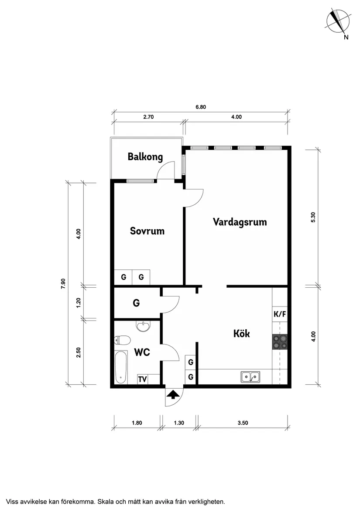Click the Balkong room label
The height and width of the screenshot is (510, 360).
[145, 157]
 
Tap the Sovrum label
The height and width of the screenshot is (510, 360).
[147, 231]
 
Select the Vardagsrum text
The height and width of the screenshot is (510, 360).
[240, 222]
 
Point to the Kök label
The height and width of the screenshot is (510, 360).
[242, 334]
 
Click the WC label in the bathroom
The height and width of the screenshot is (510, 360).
[142, 352]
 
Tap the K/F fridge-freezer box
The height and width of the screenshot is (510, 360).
[280, 314]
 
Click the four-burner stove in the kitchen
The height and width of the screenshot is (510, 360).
[280, 342]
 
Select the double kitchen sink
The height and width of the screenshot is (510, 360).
[250, 377]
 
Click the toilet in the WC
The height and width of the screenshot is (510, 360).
[122, 340]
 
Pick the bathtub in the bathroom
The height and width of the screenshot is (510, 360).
[121, 367]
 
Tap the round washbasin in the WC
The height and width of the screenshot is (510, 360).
[143, 326]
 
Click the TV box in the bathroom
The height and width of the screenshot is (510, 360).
[142, 379]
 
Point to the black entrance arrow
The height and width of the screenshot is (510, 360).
[173, 395]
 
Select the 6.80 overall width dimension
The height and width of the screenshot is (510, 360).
[201, 107]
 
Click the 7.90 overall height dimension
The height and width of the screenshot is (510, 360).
[63, 284]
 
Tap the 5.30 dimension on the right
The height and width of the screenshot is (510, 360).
[313, 217]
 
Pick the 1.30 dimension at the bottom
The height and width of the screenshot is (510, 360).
[179, 423]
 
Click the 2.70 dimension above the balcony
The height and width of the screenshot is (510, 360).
[148, 117]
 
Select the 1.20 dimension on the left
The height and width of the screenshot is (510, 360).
[78, 303]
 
